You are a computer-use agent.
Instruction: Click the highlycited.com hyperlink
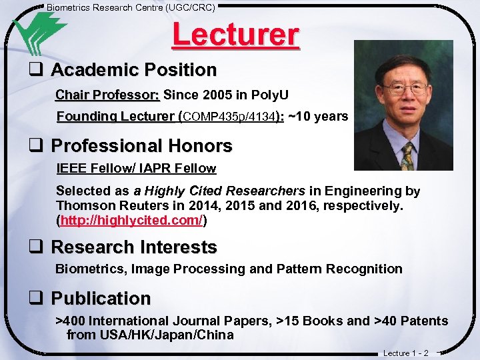pos(131,221)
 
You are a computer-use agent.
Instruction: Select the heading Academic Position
pos(133,70)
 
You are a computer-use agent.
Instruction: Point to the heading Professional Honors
pos(141,146)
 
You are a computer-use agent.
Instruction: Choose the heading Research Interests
pos(133,247)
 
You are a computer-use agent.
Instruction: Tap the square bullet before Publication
pos(36,298)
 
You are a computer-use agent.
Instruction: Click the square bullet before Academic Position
pos(36,70)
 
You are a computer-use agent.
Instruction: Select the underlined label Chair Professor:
pos(107,95)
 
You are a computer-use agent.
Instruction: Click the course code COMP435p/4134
pos(229,117)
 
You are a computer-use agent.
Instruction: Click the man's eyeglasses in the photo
pos(405,88)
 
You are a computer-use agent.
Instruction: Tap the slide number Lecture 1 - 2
pos(406,353)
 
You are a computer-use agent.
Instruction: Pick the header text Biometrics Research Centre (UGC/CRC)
pos(131,7)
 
